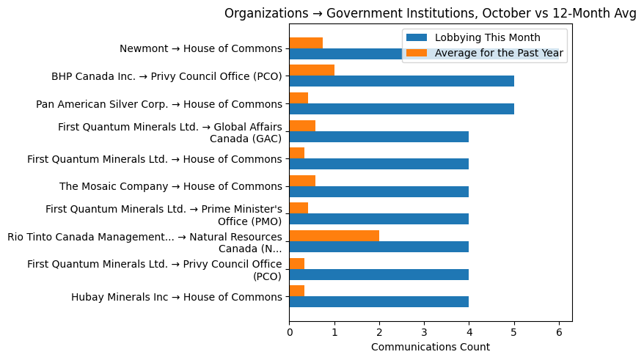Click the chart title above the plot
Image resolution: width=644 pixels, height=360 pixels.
tap(431, 13)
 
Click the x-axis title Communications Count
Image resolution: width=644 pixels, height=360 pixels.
tap(431, 347)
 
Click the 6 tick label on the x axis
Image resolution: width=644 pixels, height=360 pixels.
tap(559, 331)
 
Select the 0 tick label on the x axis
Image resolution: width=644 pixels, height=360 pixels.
tap(289, 331)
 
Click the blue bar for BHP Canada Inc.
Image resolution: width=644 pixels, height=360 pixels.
tap(401, 81)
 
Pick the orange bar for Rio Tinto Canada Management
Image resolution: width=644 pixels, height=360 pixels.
tap(334, 235)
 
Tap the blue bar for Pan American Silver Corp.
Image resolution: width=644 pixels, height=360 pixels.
tap(401, 109)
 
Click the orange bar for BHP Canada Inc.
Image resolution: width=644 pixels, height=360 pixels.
tap(312, 70)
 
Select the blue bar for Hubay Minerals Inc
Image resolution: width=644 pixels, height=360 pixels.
tap(378, 301)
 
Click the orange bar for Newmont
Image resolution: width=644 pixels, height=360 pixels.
tap(306, 43)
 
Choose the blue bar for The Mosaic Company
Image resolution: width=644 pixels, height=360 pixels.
tap(378, 191)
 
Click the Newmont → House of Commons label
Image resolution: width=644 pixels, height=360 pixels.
tap(200, 48)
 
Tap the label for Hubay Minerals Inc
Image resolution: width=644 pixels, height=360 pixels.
tap(176, 297)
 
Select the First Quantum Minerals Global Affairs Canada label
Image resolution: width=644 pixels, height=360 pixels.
tap(170, 133)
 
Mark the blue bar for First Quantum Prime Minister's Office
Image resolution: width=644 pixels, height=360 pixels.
tap(378, 219)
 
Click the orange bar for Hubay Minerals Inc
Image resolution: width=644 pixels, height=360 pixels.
tap(296, 290)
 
